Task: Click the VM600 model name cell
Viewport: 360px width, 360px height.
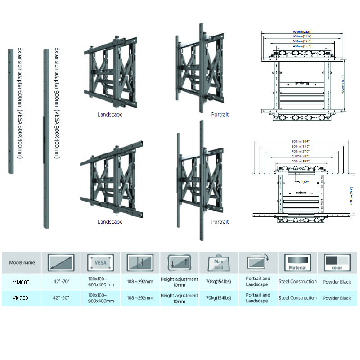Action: pyautogui.click(x=21, y=282)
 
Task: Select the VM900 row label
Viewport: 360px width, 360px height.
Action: pyautogui.click(x=21, y=298)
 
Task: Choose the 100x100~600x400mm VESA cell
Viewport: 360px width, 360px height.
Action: pyautogui.click(x=101, y=282)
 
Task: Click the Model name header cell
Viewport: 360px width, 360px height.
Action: pyautogui.click(x=21, y=262)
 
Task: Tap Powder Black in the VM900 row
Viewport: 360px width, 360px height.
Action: pyautogui.click(x=337, y=298)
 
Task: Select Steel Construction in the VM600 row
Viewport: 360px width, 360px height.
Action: pyautogui.click(x=297, y=282)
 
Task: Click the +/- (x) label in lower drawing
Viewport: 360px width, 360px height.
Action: pyautogui.click(x=300, y=181)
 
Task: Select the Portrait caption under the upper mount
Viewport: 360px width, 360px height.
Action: pyautogui.click(x=220, y=115)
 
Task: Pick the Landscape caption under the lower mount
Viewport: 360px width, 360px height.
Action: pyautogui.click(x=110, y=222)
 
